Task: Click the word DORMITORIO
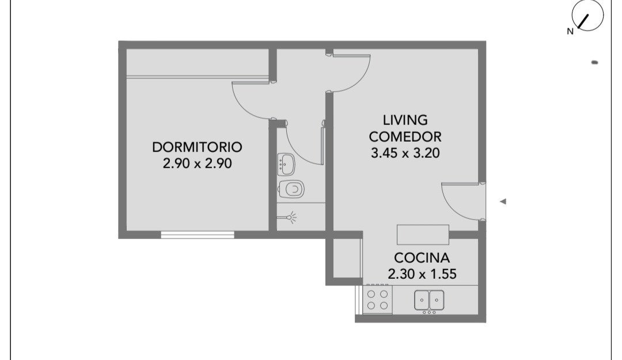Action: coord(197,147)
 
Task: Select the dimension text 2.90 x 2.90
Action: coord(197,163)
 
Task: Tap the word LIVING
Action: coord(405,120)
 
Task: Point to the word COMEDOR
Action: coord(405,137)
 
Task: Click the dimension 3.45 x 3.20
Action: coord(405,153)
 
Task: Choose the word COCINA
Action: coord(422,258)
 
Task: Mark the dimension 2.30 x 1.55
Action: coord(422,274)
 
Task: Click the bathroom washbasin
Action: coord(286,164)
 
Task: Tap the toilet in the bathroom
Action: coord(291,190)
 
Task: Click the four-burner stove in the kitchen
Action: coord(378,300)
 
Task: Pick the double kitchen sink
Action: coord(429,300)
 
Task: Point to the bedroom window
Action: coord(198,235)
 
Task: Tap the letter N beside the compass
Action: coord(570,32)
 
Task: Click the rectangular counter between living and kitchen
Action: coord(423,235)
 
